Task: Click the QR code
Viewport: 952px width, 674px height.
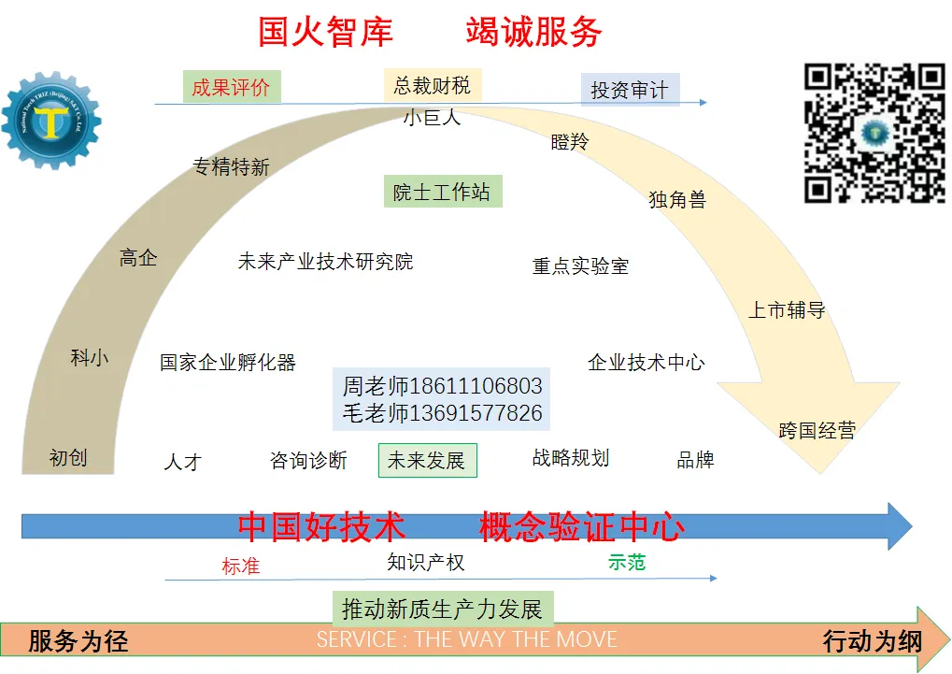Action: pyautogui.click(x=874, y=133)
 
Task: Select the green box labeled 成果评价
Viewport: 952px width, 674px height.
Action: pyautogui.click(x=231, y=88)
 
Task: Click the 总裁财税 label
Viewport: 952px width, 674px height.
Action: pyautogui.click(x=432, y=86)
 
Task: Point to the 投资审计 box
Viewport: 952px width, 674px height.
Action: pyautogui.click(x=630, y=91)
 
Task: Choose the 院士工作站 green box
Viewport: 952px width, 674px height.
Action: pyautogui.click(x=442, y=193)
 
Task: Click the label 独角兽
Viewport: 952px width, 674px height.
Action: pyautogui.click(x=677, y=199)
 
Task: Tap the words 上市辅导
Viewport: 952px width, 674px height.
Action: pyautogui.click(x=787, y=310)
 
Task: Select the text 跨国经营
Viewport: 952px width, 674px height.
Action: pyautogui.click(x=817, y=431)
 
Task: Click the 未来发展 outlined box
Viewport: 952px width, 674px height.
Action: pyautogui.click(x=427, y=461)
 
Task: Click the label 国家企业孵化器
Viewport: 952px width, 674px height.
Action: pyautogui.click(x=228, y=363)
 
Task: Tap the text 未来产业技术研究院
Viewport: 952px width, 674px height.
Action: pyautogui.click(x=325, y=262)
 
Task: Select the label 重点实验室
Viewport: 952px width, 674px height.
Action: pyautogui.click(x=580, y=266)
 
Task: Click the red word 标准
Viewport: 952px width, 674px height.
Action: pyautogui.click(x=240, y=566)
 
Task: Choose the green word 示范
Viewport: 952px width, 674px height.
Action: pyautogui.click(x=626, y=562)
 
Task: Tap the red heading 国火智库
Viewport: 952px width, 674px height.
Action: pyautogui.click(x=325, y=33)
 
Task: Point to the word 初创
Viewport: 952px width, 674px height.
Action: pyautogui.click(x=68, y=457)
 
